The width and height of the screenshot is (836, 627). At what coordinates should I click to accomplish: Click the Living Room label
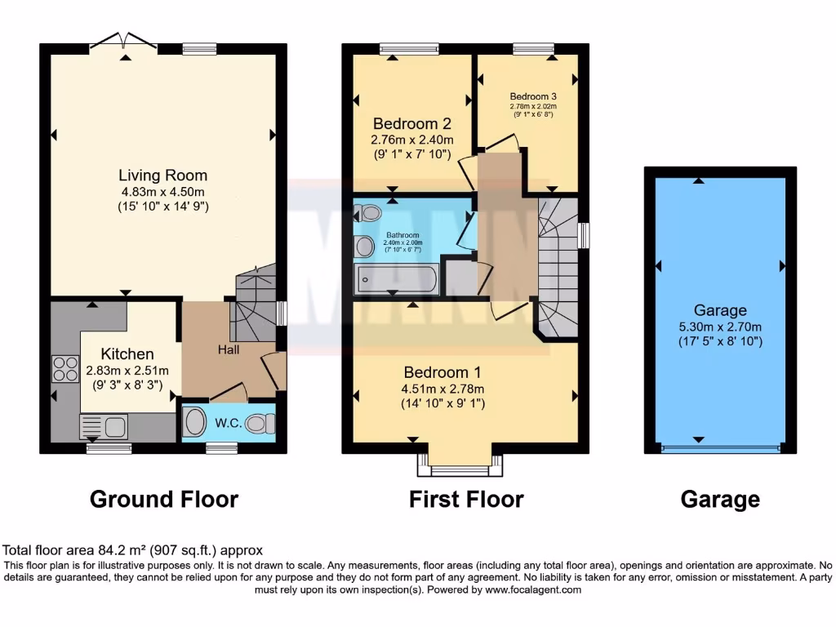click(x=162, y=175)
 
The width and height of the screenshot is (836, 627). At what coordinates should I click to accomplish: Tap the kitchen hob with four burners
click(x=65, y=369)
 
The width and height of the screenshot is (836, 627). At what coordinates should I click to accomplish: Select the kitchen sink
click(x=103, y=425)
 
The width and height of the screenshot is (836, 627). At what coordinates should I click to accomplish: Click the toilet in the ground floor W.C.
click(x=260, y=423)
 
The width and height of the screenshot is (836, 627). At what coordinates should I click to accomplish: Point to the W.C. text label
click(x=227, y=424)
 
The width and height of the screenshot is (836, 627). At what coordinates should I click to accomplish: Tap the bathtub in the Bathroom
click(x=396, y=279)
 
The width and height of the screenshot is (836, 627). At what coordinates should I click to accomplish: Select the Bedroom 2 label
click(x=411, y=124)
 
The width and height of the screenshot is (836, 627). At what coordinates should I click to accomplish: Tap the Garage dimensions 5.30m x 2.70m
click(x=720, y=326)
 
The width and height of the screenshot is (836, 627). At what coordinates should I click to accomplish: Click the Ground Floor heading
click(x=163, y=499)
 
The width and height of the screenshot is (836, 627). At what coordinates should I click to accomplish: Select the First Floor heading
click(x=466, y=499)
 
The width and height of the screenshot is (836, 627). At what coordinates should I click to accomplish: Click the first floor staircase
click(x=558, y=269)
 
